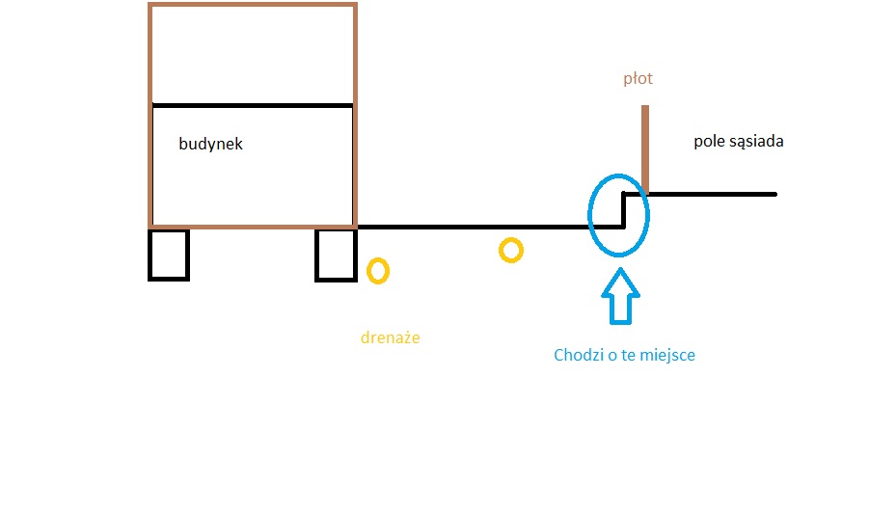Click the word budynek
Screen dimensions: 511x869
pos(211,145)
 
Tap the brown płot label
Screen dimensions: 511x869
pos(638,78)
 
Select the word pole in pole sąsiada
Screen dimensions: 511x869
pos(709,142)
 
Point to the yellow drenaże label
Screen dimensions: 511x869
pos(390,337)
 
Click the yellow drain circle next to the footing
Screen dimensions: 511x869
pos(378,270)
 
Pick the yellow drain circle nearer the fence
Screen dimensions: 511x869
pos(511,251)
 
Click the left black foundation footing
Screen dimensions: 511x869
pos(169,255)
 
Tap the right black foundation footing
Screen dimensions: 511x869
pos(337,255)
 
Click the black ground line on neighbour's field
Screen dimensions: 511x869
pos(714,194)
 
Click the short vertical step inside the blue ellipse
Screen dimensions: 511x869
pos(624,211)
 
